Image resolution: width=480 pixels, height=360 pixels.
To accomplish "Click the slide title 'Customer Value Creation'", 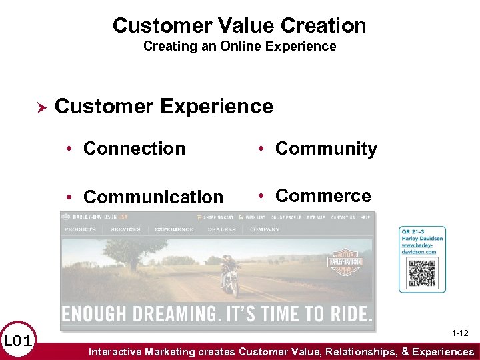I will click(x=239, y=25).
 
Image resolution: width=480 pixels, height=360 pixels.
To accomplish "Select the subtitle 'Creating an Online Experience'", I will click(x=239, y=47).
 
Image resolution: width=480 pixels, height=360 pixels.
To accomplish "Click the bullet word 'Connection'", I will click(x=134, y=149).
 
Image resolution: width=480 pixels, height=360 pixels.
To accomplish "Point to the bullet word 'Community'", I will click(x=326, y=149).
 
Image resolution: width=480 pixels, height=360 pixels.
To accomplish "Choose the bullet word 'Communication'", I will click(x=153, y=197).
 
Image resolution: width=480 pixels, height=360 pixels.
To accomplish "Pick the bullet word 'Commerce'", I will click(x=323, y=196).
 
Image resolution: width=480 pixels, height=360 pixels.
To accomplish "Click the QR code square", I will click(x=422, y=273).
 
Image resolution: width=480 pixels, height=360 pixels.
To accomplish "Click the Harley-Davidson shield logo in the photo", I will click(x=344, y=264).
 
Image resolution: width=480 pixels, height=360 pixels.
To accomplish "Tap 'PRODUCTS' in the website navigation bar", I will click(x=80, y=229).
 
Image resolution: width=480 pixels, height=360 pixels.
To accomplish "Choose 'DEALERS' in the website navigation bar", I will click(x=221, y=229).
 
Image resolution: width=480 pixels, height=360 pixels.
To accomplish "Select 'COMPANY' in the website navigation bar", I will click(x=265, y=229).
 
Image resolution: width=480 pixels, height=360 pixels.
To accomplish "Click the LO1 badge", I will click(x=18, y=341).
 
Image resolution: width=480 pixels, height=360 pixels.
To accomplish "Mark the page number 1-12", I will click(x=459, y=333).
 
